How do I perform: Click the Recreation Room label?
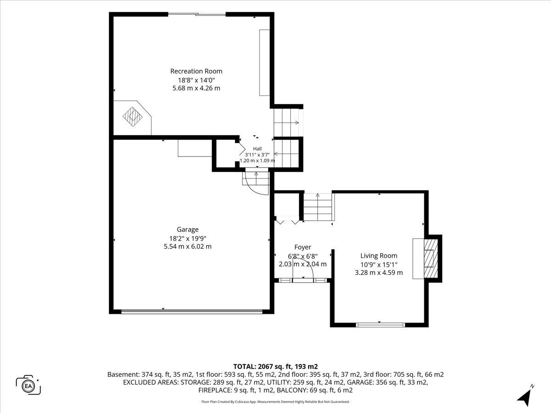[197, 71]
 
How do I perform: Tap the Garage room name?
[187, 229]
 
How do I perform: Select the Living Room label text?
[379, 256]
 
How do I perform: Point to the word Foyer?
[303, 247]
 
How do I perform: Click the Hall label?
[257, 149]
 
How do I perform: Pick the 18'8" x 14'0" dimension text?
[197, 80]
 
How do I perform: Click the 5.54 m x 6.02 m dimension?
[188, 246]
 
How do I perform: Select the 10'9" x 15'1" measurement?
[379, 265]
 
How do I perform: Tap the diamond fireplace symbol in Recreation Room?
[133, 117]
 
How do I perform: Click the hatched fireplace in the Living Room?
[431, 258]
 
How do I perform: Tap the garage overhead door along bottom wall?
[192, 312]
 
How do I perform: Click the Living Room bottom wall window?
[380, 325]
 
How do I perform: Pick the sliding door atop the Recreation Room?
[197, 14]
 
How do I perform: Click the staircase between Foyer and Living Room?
[319, 207]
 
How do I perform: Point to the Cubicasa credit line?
[275, 402]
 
